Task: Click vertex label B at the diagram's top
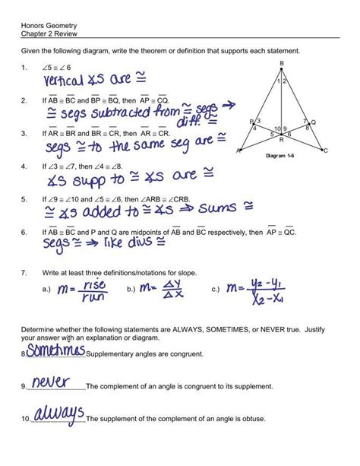282,62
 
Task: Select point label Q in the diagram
314,122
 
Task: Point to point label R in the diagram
281,140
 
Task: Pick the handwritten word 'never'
52,382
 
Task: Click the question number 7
24,271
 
